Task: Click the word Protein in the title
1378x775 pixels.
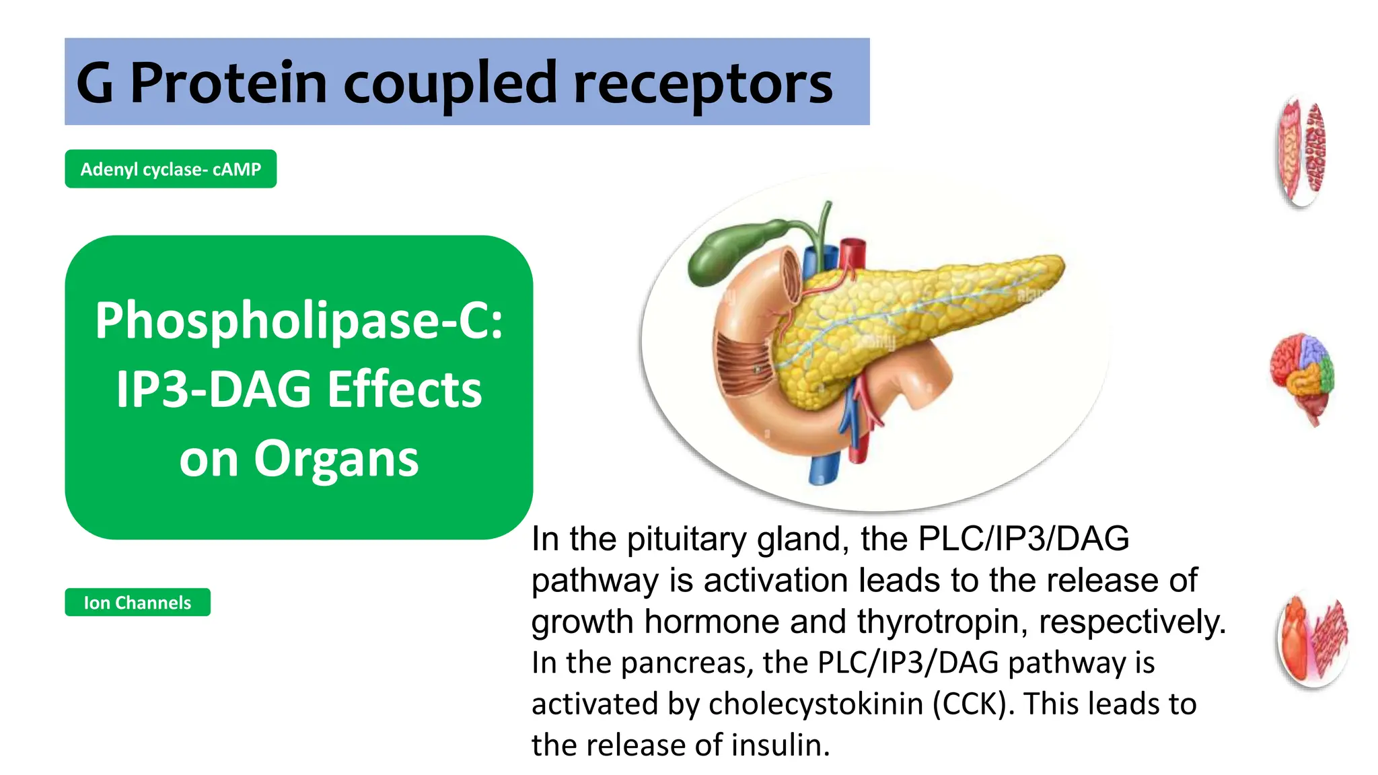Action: point(228,83)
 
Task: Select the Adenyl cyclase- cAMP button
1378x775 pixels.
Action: point(170,169)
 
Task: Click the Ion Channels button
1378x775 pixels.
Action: point(137,602)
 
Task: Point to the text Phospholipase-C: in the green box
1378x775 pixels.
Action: point(299,321)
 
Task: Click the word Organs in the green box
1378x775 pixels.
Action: point(336,459)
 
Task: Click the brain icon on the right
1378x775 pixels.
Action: point(1303,377)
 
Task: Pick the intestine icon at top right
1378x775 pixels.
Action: point(1301,151)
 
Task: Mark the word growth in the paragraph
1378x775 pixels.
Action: point(582,622)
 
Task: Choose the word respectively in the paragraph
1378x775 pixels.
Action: point(1130,622)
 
